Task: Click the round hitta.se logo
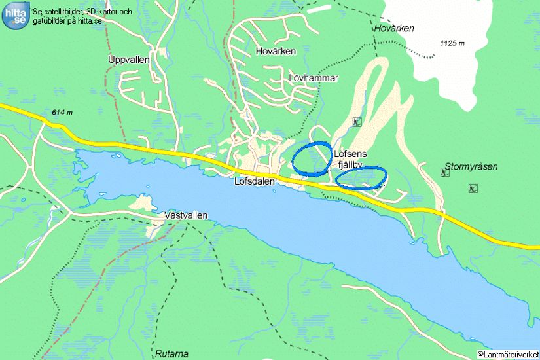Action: pyautogui.click(x=15, y=15)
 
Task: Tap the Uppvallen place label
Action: pyautogui.click(x=129, y=60)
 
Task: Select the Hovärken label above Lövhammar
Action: pyautogui.click(x=276, y=51)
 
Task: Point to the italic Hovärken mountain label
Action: pyautogui.click(x=395, y=29)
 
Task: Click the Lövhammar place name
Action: pyautogui.click(x=313, y=78)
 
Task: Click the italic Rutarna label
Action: pyautogui.click(x=172, y=353)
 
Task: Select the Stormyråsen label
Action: pyautogui.click(x=471, y=167)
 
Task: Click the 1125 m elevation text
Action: pyautogui.click(x=452, y=44)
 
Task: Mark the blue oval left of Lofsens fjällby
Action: pyautogui.click(x=311, y=158)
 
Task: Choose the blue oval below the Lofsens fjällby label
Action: pyautogui.click(x=361, y=177)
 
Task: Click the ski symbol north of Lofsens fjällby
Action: pyautogui.click(x=356, y=121)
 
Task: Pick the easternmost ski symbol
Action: pyautogui.click(x=473, y=189)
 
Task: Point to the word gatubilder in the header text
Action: pyautogui.click(x=49, y=20)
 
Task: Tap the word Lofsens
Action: pyautogui.click(x=350, y=154)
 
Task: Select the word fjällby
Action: pyautogui.click(x=350, y=165)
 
